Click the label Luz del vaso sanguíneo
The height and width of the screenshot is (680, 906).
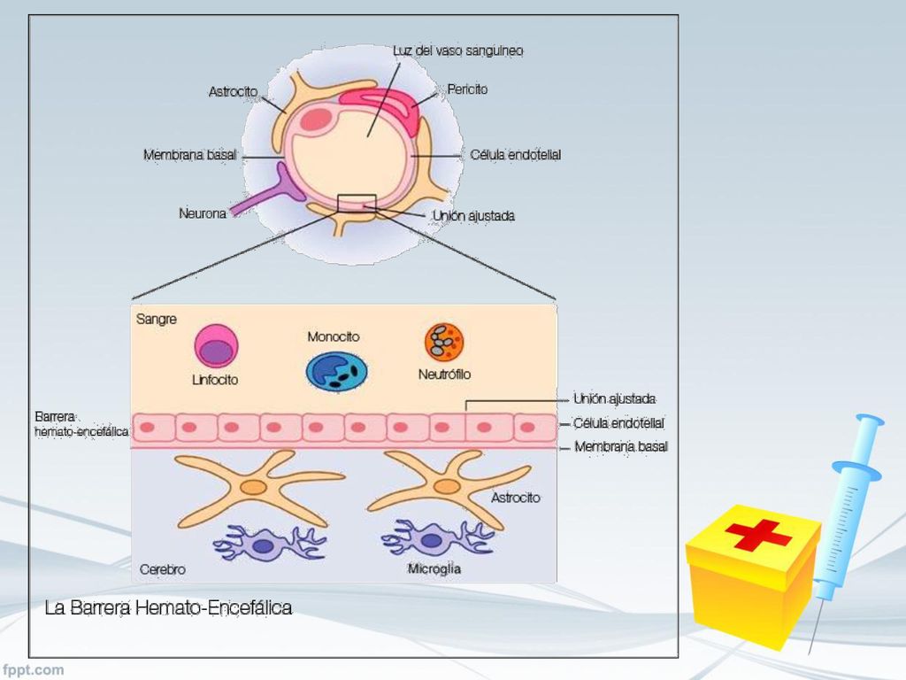[x=457, y=50]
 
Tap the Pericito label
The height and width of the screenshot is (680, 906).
[x=467, y=89]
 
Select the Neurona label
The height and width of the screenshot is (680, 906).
[x=203, y=213]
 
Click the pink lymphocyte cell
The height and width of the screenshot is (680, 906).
[x=216, y=346]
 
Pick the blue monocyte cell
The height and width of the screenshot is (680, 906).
[x=336, y=372]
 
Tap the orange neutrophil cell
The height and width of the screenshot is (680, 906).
[x=444, y=342]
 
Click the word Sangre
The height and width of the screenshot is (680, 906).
[x=156, y=319]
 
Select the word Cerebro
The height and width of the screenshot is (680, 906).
[x=163, y=569]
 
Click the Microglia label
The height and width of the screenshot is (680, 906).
[x=434, y=569]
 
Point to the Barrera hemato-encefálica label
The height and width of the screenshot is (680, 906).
[x=81, y=424]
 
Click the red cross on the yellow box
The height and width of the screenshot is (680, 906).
[x=757, y=535]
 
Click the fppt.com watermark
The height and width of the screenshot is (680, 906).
[x=33, y=669]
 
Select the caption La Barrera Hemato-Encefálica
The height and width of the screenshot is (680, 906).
[x=168, y=607]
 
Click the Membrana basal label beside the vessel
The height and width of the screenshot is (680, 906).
[x=189, y=155]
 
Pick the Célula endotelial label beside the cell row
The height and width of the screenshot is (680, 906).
[x=618, y=423]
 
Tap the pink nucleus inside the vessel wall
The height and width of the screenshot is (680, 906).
[x=316, y=120]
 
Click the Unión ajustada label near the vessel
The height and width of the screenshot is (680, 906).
[x=474, y=216]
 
